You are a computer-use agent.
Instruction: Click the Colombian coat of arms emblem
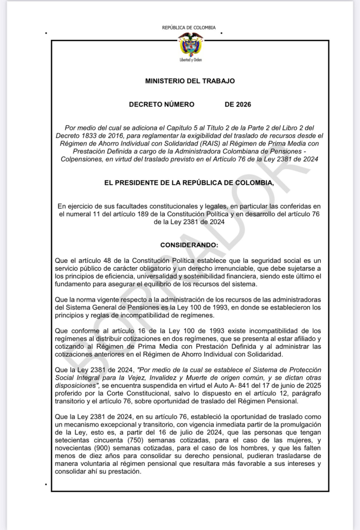point(190,44)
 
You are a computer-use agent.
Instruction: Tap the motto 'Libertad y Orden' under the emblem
point(190,61)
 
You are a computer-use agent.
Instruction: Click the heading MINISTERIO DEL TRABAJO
point(190,81)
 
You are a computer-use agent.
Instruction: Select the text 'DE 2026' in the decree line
point(238,105)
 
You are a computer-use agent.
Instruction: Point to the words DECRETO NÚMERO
point(162,105)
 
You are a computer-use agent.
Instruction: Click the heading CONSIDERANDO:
point(189,244)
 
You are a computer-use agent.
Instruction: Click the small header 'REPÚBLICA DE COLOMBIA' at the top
point(189,28)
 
